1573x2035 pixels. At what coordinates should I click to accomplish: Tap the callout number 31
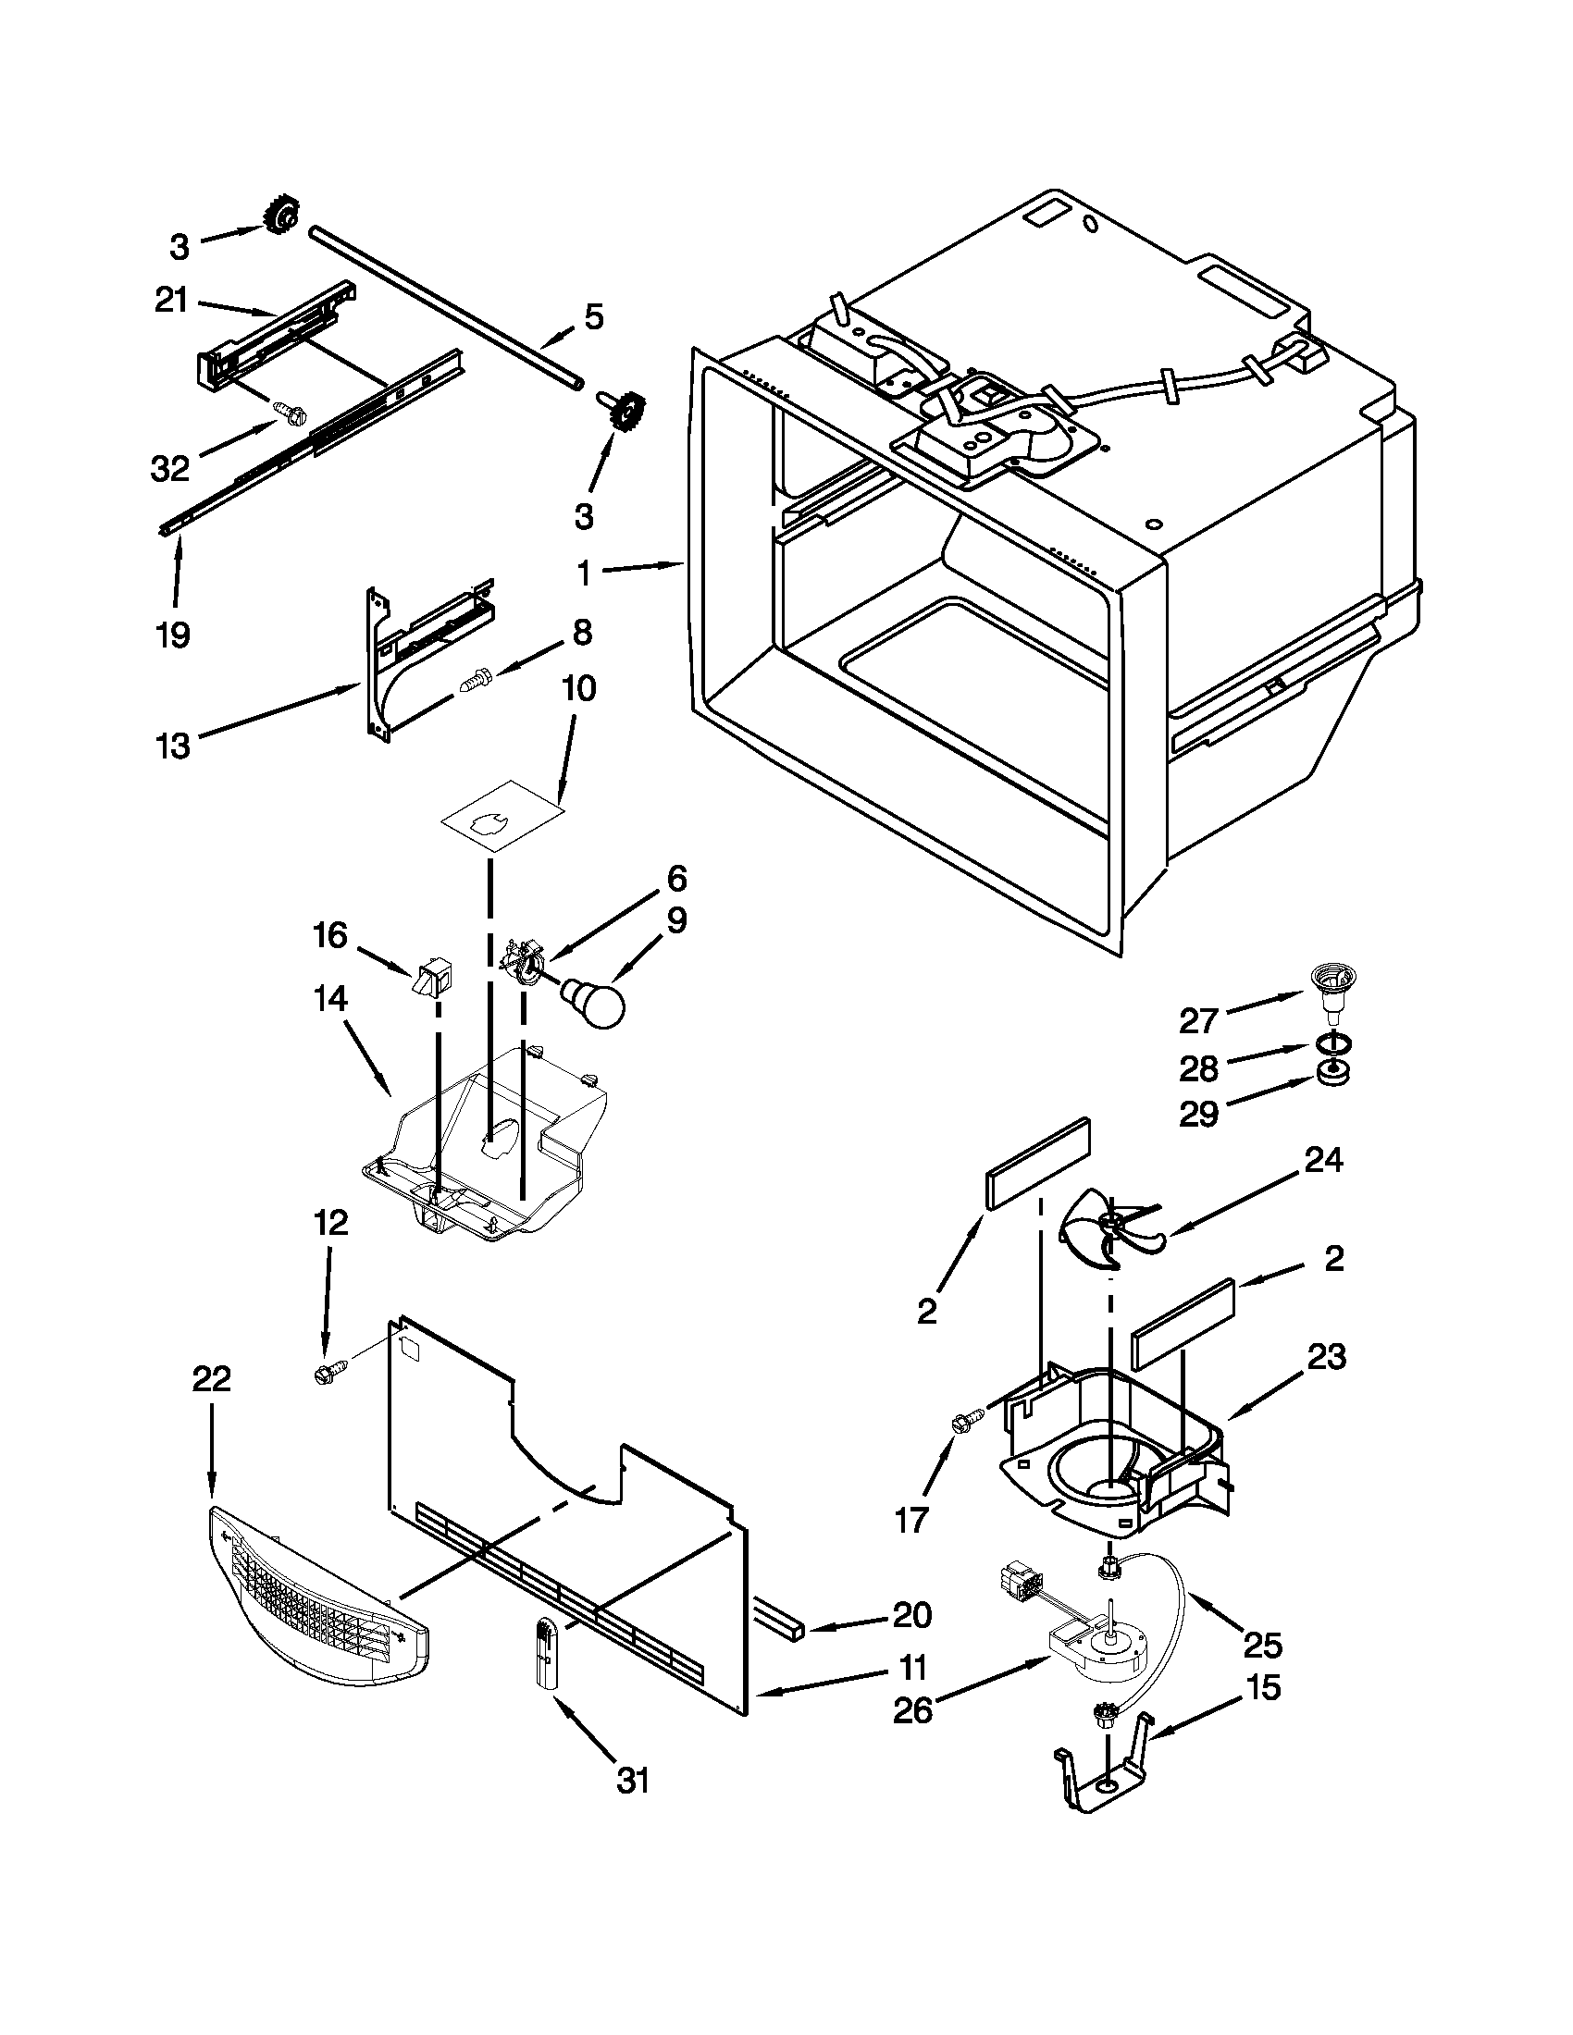coord(633,1781)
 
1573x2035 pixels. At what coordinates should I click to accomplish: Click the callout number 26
coord(912,1709)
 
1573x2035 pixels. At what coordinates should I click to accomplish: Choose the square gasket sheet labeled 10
coord(503,816)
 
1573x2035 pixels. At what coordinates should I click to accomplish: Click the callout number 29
coord(1198,1113)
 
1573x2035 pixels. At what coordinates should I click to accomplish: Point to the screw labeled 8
coord(475,679)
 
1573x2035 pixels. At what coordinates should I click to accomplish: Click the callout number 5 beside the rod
coord(594,316)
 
